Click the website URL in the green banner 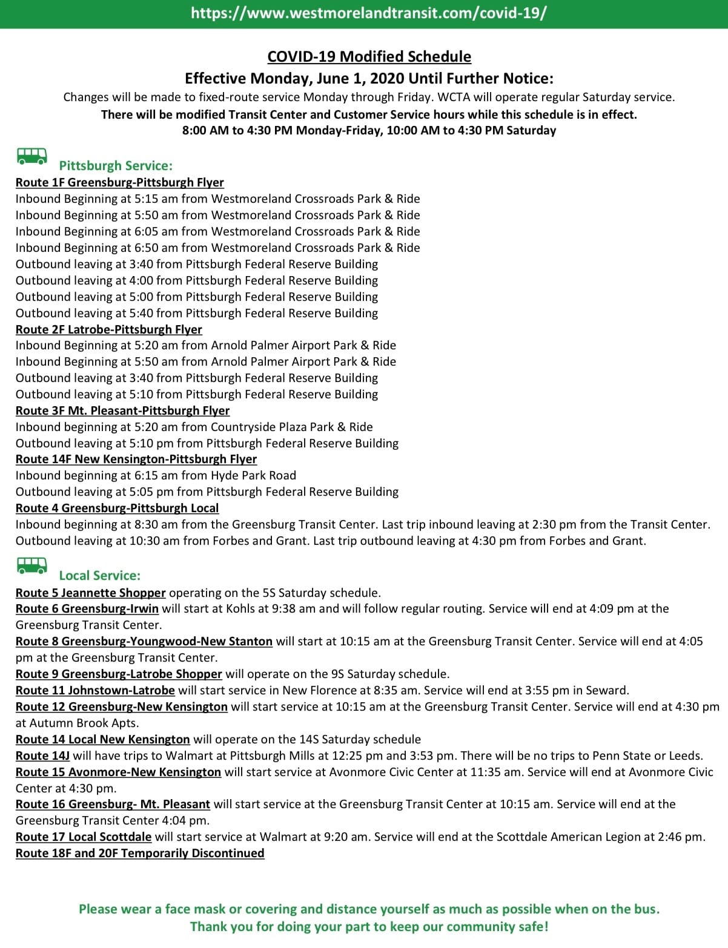pyautogui.click(x=368, y=13)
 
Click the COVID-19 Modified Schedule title pyautogui.click(x=369, y=56)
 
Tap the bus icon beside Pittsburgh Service pyautogui.click(x=32, y=156)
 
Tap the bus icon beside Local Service pyautogui.click(x=32, y=566)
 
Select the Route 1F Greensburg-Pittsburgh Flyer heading pyautogui.click(x=119, y=182)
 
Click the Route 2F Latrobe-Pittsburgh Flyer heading pyautogui.click(x=108, y=329)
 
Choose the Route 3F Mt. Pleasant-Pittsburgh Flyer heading pyautogui.click(x=122, y=410)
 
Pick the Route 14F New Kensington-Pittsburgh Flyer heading pyautogui.click(x=136, y=459)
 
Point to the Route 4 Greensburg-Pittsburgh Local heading pyautogui.click(x=117, y=508)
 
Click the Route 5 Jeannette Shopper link pyautogui.click(x=90, y=593)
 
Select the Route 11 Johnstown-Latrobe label pyautogui.click(x=95, y=690)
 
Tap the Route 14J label pyautogui.click(x=42, y=755)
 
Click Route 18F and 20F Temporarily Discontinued pyautogui.click(x=140, y=853)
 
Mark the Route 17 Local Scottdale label pyautogui.click(x=84, y=837)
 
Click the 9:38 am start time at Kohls pyautogui.click(x=294, y=608)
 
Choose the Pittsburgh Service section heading pyautogui.click(x=116, y=166)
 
